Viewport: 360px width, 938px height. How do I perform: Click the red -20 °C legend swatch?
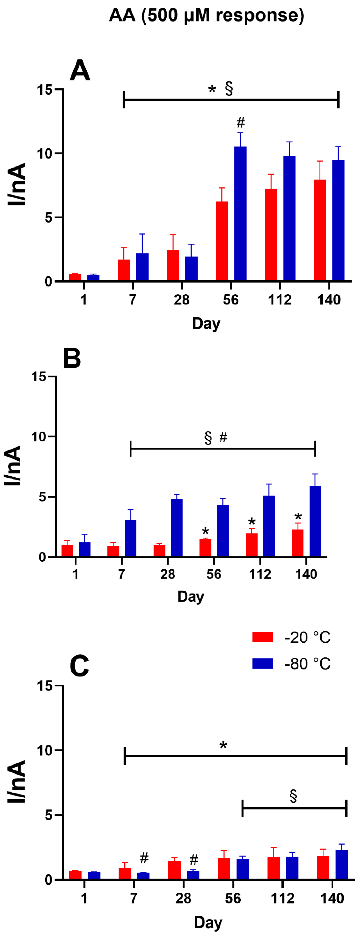[262, 637]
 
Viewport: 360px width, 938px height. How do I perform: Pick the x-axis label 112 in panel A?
[280, 300]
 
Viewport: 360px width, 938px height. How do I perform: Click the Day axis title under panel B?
[190, 596]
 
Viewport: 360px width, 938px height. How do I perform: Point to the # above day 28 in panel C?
[194, 860]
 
